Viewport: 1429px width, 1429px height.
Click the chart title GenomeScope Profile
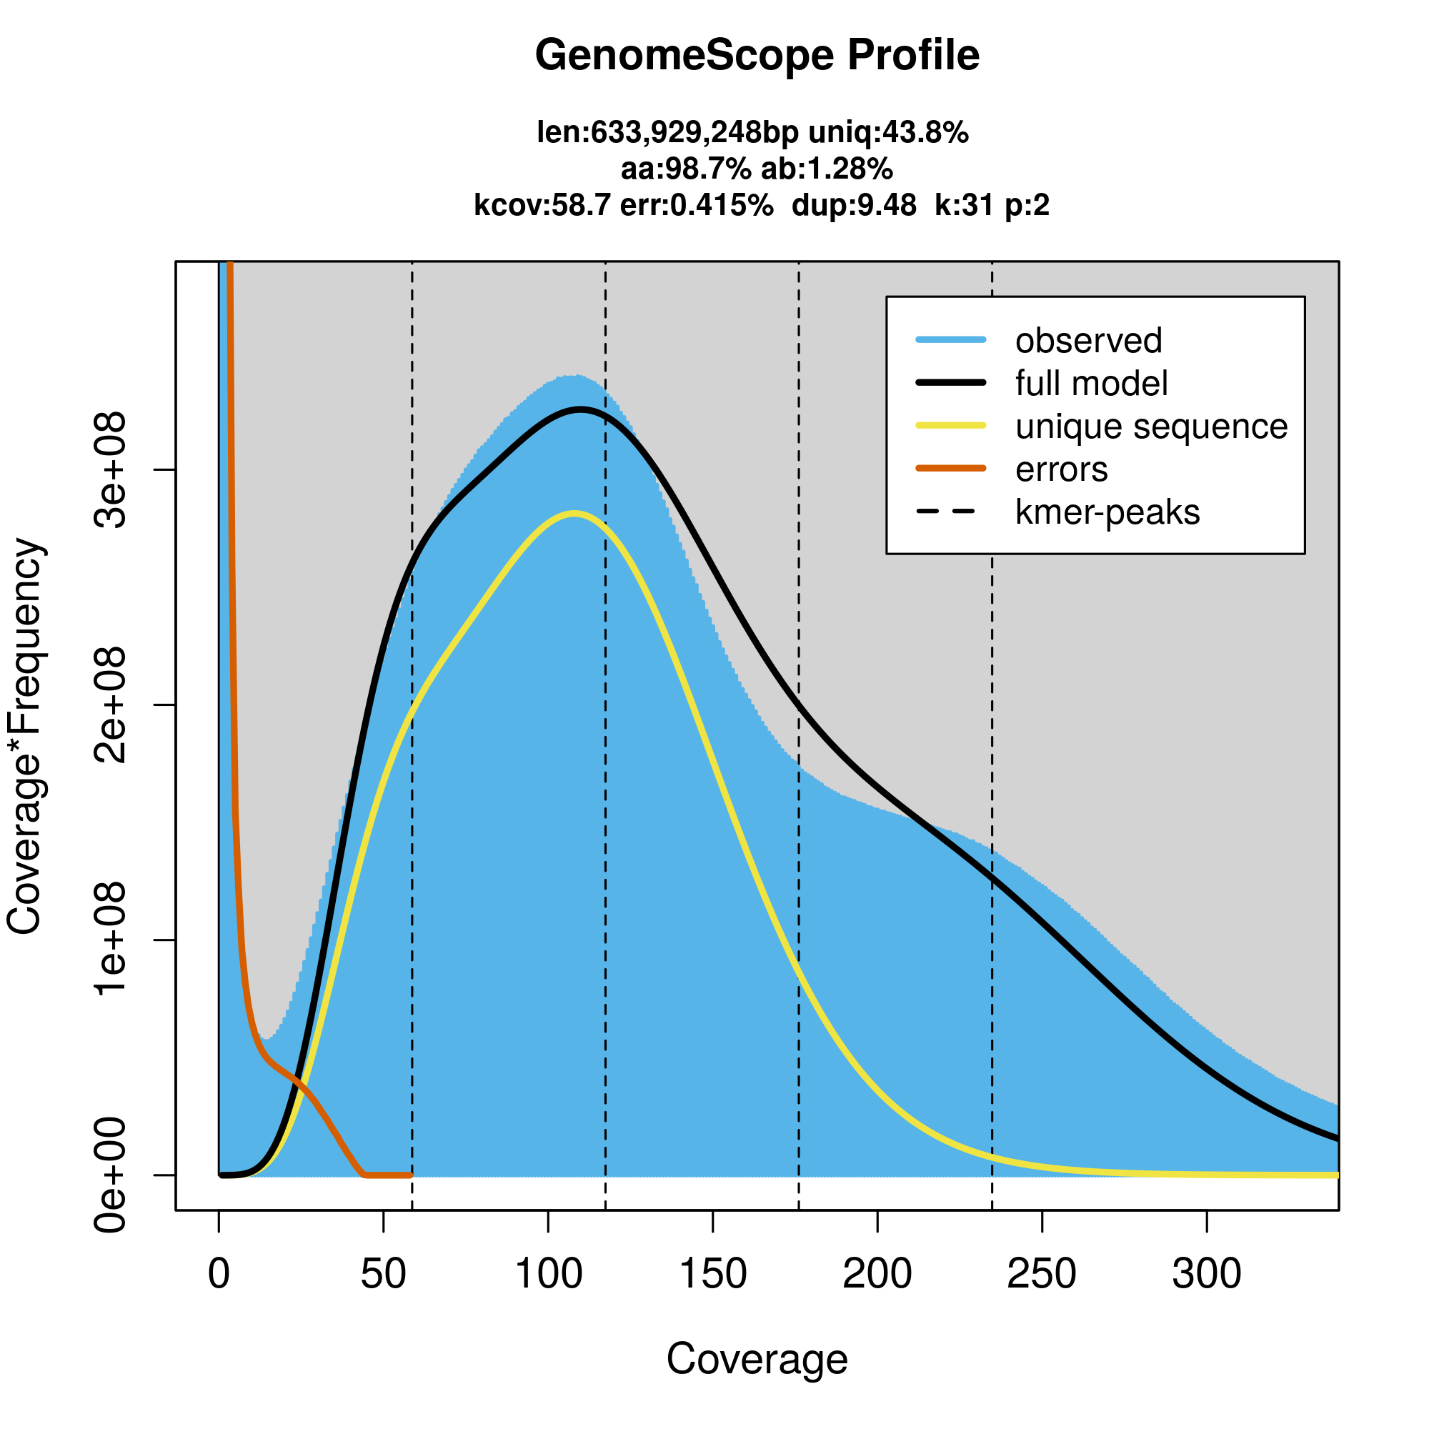757,56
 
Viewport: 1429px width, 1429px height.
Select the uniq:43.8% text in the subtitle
888,133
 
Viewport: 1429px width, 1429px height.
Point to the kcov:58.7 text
542,205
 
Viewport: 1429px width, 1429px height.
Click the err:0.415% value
697,205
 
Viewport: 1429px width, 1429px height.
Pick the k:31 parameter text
965,205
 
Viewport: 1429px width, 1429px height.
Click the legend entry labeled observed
1089,341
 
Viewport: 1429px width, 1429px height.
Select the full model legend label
1091,384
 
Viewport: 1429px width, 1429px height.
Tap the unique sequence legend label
1152,427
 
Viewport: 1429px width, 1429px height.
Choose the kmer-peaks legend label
1107,512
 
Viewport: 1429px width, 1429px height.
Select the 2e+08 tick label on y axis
111,705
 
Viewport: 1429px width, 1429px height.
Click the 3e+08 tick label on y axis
111,469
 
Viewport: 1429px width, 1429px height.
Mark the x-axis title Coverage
757,1360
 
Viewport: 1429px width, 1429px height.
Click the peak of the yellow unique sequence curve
574,513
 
